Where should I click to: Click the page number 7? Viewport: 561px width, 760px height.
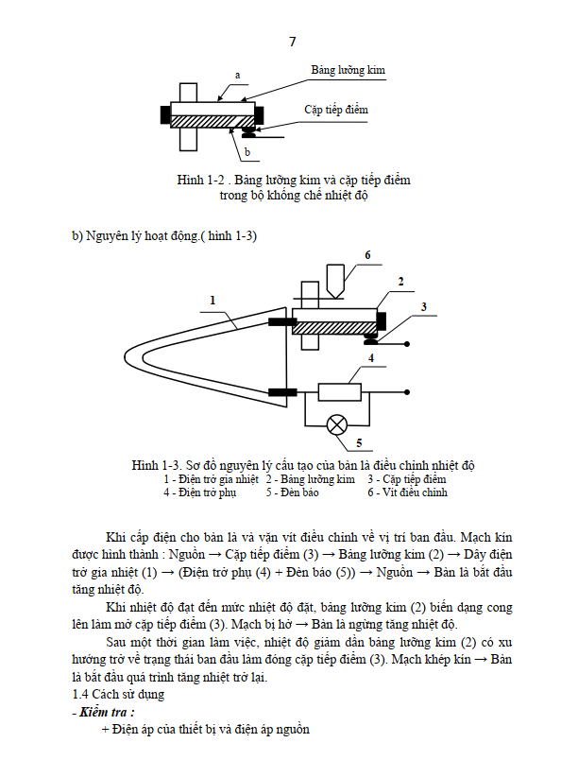(292, 42)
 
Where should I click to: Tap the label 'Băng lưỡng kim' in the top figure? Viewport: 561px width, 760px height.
(348, 70)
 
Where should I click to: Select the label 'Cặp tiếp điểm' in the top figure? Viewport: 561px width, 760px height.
(335, 110)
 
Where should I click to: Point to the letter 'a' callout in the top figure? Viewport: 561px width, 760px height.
(237, 75)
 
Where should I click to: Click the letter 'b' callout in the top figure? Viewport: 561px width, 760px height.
(247, 152)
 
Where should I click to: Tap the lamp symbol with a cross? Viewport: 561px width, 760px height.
(337, 425)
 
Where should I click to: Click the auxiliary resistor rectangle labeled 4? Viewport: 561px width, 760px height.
(339, 391)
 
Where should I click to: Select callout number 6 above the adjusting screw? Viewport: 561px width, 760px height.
(367, 255)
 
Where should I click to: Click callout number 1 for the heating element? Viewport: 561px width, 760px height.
(212, 301)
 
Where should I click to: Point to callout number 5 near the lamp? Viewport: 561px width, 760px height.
(359, 442)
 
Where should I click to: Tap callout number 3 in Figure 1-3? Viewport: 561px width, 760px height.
(424, 307)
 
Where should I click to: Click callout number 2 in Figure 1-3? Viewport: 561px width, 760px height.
(400, 282)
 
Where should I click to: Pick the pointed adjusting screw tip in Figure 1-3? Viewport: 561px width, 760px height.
(335, 297)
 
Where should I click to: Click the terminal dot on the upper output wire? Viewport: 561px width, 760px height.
(407, 344)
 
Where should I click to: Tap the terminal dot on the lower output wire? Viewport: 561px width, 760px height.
(407, 392)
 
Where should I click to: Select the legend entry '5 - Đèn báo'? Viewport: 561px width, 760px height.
(292, 492)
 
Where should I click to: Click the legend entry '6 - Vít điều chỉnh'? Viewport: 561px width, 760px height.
(407, 492)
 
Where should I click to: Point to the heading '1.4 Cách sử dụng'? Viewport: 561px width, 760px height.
(118, 694)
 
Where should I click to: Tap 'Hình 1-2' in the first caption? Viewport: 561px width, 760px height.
(200, 180)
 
